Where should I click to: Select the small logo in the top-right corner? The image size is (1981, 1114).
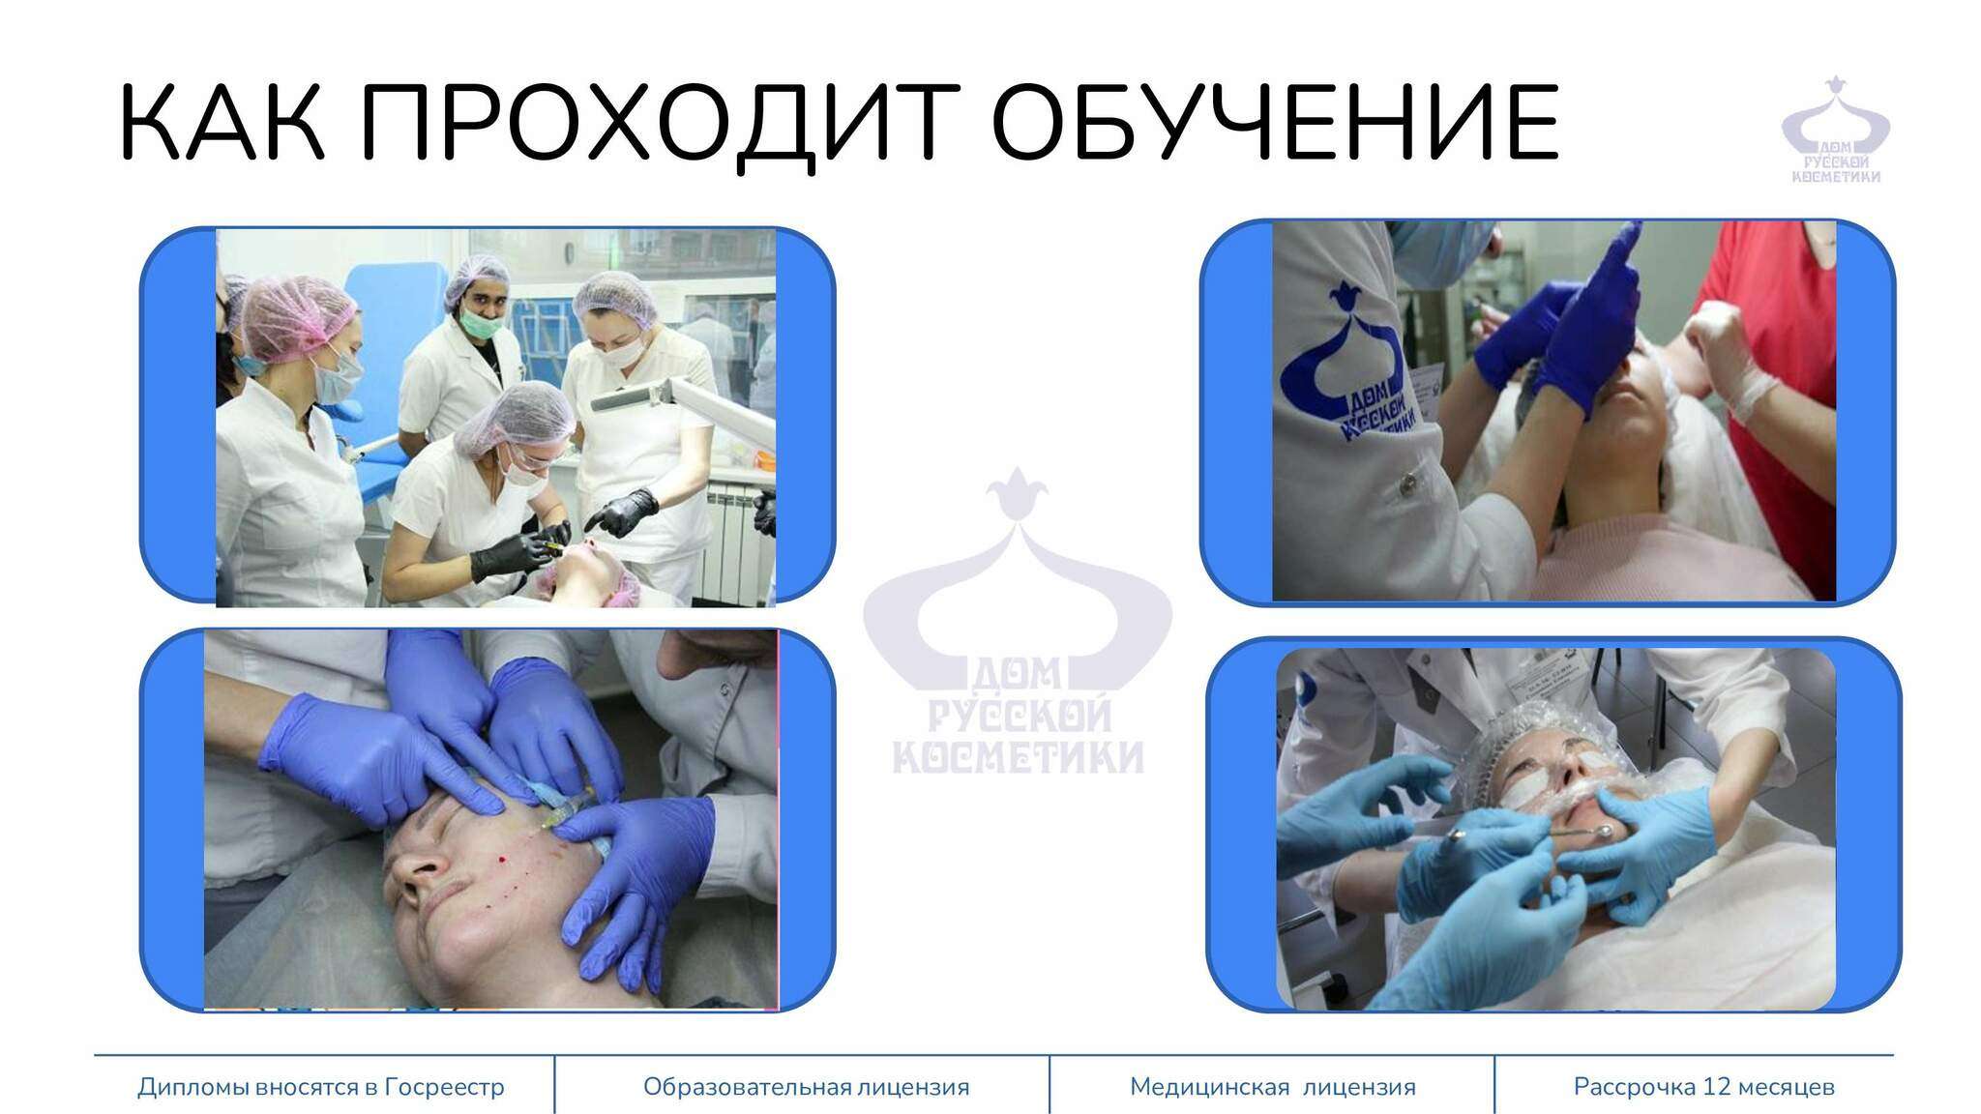point(1835,130)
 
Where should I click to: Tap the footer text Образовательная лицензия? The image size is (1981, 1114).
point(806,1087)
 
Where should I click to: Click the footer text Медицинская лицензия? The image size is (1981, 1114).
point(1272,1087)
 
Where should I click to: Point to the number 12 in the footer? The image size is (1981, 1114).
point(1717,1087)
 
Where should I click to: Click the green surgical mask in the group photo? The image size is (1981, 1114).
point(480,320)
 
